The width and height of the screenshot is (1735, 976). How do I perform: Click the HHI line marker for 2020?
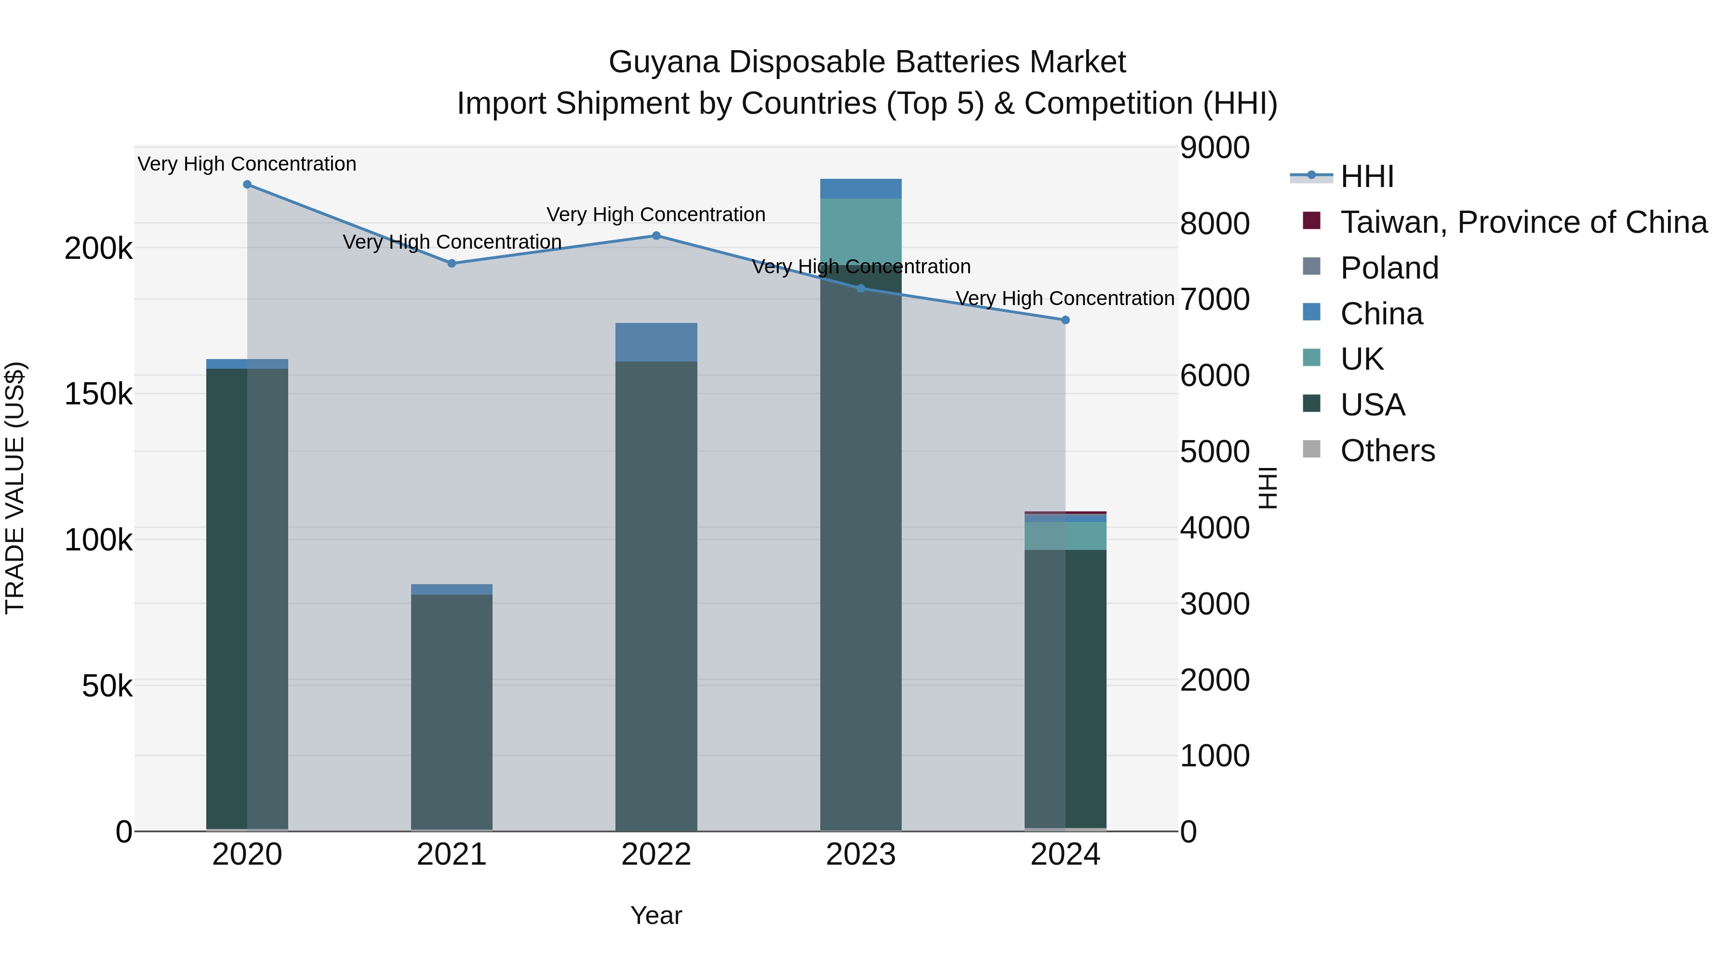point(247,185)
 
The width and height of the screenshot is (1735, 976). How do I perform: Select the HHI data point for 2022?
point(657,236)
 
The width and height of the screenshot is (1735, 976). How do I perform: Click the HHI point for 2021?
point(452,263)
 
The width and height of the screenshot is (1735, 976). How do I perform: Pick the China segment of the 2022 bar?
point(657,342)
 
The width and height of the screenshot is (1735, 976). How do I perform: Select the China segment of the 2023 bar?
point(861,188)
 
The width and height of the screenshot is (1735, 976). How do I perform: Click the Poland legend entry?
point(1389,268)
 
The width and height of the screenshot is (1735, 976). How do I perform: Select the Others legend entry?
point(1388,451)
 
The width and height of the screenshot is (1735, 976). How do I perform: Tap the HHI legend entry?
point(1367,176)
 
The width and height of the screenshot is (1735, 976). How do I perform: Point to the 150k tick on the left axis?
point(98,394)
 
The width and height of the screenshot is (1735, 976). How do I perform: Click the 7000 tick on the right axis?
point(1214,300)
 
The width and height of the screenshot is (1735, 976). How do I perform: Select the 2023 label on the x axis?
point(861,855)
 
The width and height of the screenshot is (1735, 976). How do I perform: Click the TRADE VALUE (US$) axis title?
point(15,488)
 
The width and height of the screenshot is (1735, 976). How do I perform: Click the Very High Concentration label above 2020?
point(247,164)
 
